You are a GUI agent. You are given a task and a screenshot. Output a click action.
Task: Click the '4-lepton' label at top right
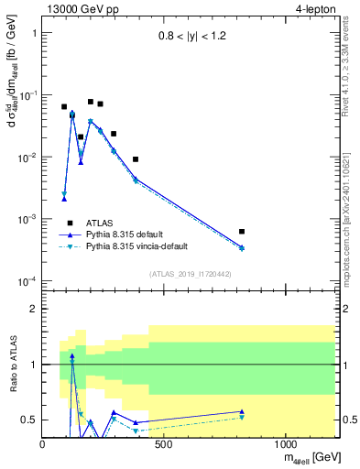(x=314, y=9)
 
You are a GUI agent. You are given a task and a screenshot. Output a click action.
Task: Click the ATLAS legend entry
(x=97, y=223)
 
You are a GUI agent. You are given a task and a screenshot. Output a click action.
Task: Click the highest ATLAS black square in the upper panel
(x=91, y=102)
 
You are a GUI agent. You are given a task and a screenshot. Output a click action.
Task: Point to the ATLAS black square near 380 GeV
(x=136, y=159)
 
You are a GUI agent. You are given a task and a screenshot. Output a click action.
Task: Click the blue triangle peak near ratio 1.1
(x=72, y=355)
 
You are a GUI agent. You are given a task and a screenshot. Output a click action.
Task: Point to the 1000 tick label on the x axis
(x=286, y=443)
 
